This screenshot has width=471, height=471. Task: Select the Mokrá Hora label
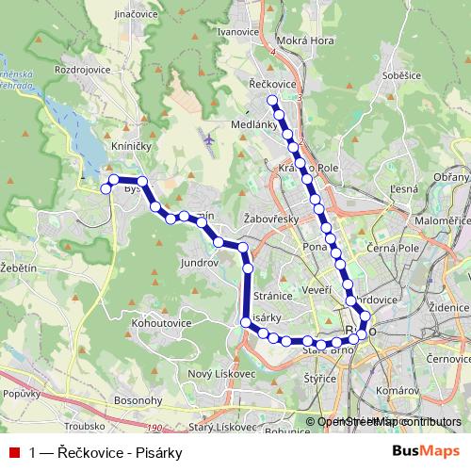[x=306, y=41]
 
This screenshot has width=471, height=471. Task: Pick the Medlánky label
[x=252, y=123]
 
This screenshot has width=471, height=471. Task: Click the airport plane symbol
[x=209, y=138]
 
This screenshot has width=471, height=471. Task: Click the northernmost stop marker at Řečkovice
[x=272, y=100]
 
